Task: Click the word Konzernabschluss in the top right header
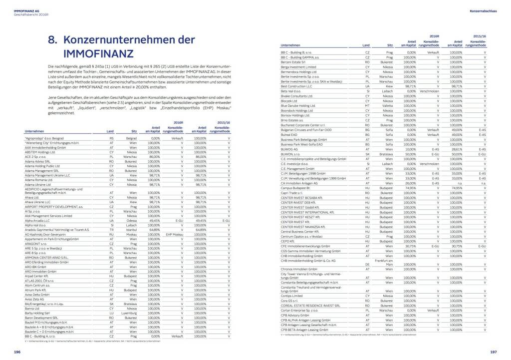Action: pyautogui.click(x=483, y=10)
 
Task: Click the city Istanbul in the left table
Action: pyautogui.click(x=132, y=230)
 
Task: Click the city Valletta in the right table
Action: pyautogui.click(x=386, y=105)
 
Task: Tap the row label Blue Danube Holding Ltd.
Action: pyautogui.click(x=298, y=105)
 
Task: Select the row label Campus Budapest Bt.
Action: pyautogui.click(x=295, y=188)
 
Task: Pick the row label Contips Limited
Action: pyautogui.click(x=292, y=296)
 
